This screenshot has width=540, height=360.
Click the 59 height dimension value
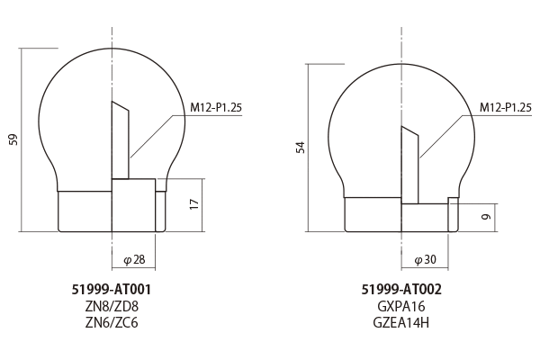[13, 139]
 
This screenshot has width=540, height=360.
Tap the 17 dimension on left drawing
[193, 204]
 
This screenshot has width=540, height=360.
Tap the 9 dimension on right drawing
[484, 216]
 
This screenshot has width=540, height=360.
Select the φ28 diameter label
[133, 259]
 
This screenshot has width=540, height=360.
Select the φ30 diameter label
[424, 259]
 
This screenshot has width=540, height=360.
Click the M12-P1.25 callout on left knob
[216, 107]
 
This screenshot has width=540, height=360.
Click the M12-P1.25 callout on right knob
[505, 107]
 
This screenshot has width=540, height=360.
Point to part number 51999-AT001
[111, 290]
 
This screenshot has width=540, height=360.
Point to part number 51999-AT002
[401, 290]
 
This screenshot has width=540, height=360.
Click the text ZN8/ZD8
[111, 306]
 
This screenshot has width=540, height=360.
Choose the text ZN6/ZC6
[111, 322]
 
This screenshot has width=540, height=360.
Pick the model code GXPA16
[401, 306]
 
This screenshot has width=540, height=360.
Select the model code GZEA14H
[401, 322]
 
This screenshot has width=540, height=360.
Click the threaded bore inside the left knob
[121, 144]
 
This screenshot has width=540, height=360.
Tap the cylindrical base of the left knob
[85, 211]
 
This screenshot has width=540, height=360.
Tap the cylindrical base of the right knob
[373, 214]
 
